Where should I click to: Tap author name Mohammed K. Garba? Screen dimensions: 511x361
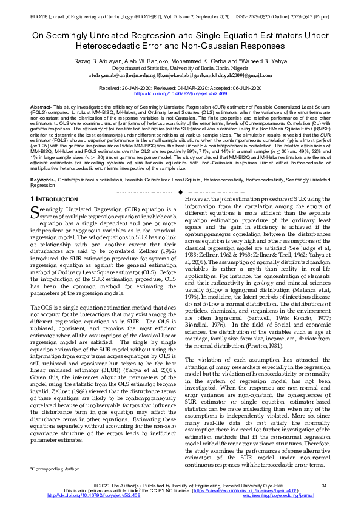coord(215,61)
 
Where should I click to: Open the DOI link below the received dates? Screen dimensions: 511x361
coord(180,94)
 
